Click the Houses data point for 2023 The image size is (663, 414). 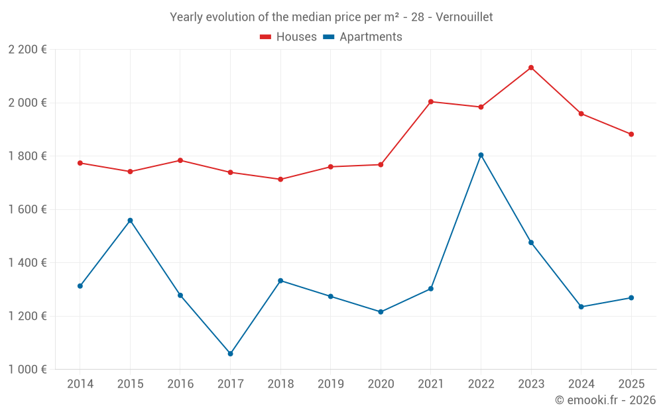[531, 68]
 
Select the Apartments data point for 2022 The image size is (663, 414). [481, 155]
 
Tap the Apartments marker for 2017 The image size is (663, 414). [230, 354]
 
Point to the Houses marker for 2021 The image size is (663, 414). [431, 101]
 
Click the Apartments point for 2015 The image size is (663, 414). [130, 221]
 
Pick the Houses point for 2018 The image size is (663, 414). [280, 180]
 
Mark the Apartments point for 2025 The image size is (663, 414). [631, 297]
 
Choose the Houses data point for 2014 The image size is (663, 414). [80, 163]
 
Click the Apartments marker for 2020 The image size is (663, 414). [381, 312]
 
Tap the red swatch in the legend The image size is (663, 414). [266, 37]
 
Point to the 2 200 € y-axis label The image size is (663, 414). [28, 50]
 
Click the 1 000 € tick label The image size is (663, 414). [28, 370]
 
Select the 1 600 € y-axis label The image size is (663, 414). [28, 209]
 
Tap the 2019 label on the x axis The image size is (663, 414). [330, 384]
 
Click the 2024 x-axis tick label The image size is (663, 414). [581, 384]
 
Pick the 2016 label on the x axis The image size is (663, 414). [180, 384]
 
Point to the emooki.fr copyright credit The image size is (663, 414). [605, 400]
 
